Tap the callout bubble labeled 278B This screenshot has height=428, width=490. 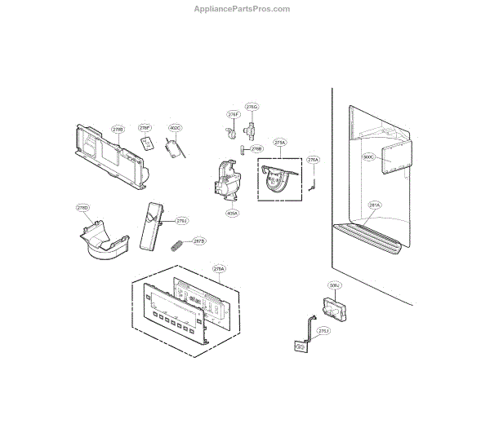pyautogui.click(x=118, y=129)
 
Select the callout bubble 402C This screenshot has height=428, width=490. pyautogui.click(x=175, y=128)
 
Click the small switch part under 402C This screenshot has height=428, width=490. pyautogui.click(x=172, y=149)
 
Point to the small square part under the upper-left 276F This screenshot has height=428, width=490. pyautogui.click(x=147, y=143)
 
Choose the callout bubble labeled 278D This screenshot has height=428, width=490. pyautogui.click(x=83, y=208)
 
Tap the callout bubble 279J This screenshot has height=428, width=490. pyautogui.click(x=181, y=220)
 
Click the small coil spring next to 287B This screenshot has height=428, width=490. pyautogui.click(x=176, y=243)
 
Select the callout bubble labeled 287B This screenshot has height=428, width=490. pyautogui.click(x=199, y=241)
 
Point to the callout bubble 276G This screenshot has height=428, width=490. pyautogui.click(x=253, y=107)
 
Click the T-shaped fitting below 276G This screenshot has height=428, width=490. pyautogui.click(x=251, y=128)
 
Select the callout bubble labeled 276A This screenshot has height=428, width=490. pyautogui.click(x=313, y=161)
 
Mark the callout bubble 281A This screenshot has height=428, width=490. pyautogui.click(x=375, y=205)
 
